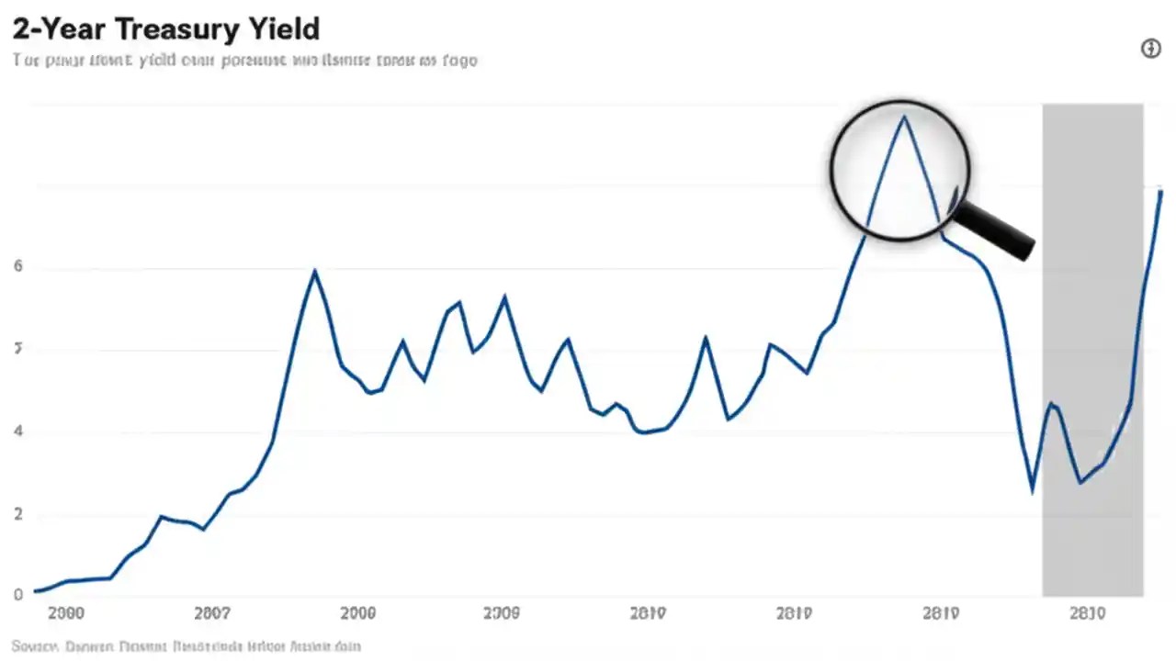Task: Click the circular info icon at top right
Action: pos(1150,49)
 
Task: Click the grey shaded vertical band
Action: pos(1092,349)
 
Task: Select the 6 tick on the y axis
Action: pos(17,267)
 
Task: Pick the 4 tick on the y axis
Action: pos(17,431)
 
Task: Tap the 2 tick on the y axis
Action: pos(17,514)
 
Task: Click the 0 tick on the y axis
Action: pos(17,595)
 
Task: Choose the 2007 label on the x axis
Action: pos(212,613)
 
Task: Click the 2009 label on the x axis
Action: pos(502,613)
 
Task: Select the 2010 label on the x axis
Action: pos(1087,613)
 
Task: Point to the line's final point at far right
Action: pos(1160,191)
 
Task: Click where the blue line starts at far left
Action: pos(35,591)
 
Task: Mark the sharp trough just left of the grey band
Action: pos(1033,491)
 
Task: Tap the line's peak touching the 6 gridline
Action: pos(314,271)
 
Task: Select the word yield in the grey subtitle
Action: pos(162,61)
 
